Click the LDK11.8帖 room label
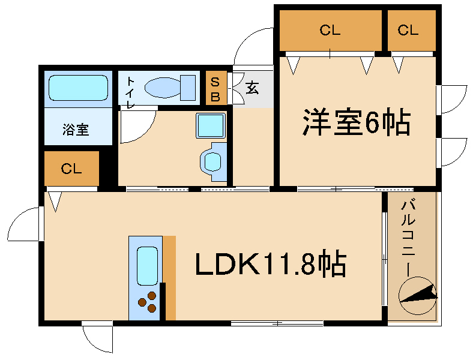[271, 263]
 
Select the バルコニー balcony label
[412, 237]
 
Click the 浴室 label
[76, 129]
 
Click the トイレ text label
[130, 92]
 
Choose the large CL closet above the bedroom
[330, 31]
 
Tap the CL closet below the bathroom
[71, 169]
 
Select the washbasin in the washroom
[213, 161]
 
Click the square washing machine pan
[210, 126]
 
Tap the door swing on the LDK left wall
[24, 224]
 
